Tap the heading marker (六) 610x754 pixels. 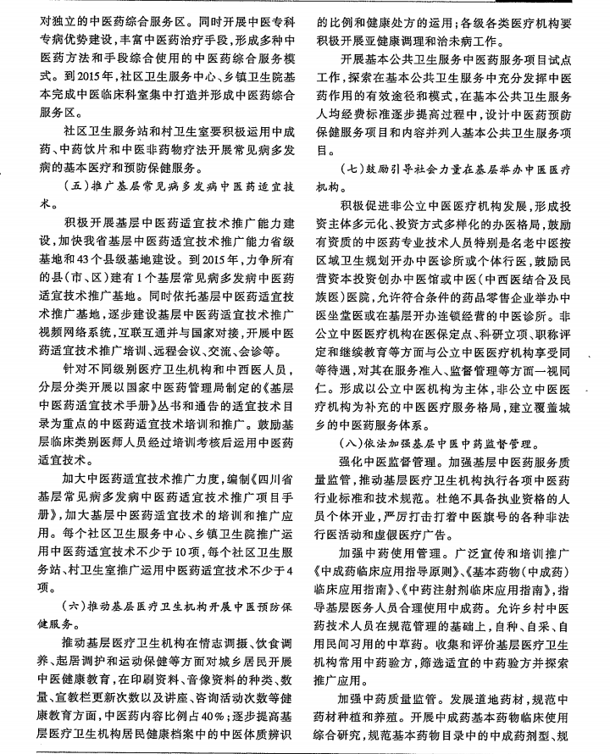75,607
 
